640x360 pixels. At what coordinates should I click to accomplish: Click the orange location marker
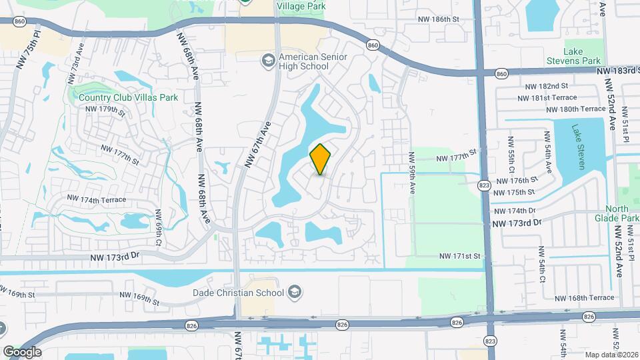click(321, 159)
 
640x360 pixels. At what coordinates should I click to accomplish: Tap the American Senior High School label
click(313, 62)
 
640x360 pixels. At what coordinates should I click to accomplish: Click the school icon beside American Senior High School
click(268, 61)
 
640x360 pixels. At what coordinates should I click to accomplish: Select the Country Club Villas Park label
click(128, 97)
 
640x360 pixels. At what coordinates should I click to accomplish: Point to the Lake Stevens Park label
click(582, 56)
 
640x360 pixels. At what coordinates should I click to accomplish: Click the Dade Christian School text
click(238, 292)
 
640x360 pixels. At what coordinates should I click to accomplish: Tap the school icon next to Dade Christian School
click(295, 292)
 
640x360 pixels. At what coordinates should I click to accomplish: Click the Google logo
click(22, 351)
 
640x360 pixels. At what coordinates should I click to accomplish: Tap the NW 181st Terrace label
click(546, 98)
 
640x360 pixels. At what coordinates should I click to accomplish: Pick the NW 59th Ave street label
click(412, 173)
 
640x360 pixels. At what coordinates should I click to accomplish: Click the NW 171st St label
click(460, 256)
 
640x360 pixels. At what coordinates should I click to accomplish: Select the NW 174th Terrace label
click(96, 199)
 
